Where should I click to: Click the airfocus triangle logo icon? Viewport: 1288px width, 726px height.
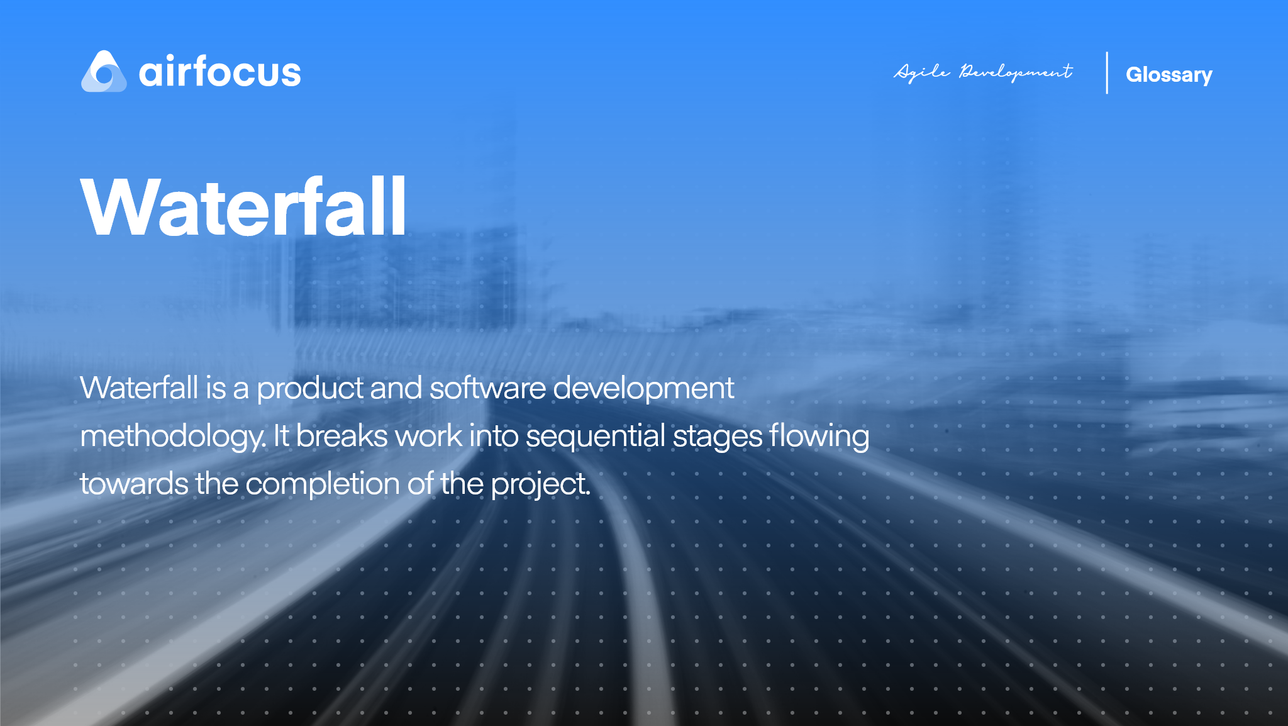pyautogui.click(x=104, y=72)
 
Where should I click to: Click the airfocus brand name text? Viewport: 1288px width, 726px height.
pyautogui.click(x=219, y=72)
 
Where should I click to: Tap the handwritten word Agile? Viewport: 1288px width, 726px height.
pyautogui.click(x=922, y=72)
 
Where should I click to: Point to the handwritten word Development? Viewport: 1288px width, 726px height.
pyautogui.click(x=1016, y=72)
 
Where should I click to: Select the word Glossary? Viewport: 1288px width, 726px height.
pyautogui.click(x=1169, y=75)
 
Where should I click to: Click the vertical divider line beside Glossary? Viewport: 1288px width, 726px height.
pyautogui.click(x=1107, y=73)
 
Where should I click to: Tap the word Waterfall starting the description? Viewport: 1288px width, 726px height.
pyautogui.click(x=139, y=388)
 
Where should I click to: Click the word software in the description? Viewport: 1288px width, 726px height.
pyautogui.click(x=487, y=388)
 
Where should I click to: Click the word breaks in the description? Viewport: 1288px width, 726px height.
pyautogui.click(x=341, y=436)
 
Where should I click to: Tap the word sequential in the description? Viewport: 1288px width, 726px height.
pyautogui.click(x=595, y=437)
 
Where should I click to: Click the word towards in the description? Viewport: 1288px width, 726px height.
pyautogui.click(x=134, y=484)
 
